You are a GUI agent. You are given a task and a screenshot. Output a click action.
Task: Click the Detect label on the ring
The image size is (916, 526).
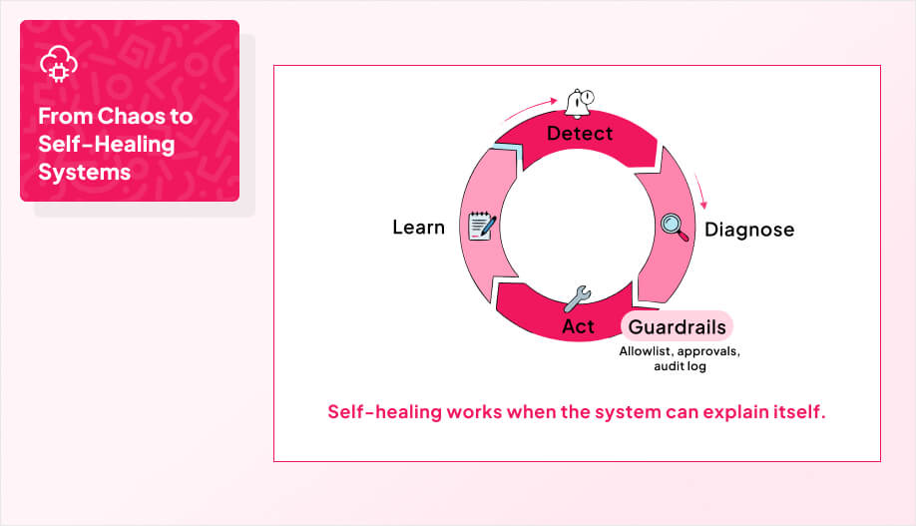coord(580,133)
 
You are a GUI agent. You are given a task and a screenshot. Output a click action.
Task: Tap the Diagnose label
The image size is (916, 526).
coord(749,230)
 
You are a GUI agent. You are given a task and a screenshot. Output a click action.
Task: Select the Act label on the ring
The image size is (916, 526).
coord(579,326)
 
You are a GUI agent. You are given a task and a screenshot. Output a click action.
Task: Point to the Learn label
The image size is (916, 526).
coord(418,228)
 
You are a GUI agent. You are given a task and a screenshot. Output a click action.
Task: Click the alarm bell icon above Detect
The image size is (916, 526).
coord(580,101)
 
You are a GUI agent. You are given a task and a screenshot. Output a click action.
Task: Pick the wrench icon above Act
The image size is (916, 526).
coord(578,298)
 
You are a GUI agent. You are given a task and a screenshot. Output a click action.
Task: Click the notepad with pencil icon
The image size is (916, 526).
coord(483,226)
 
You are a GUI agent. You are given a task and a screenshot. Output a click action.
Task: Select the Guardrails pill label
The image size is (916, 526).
coord(677,326)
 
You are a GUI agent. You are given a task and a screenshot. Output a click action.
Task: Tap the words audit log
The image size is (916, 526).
coord(680,367)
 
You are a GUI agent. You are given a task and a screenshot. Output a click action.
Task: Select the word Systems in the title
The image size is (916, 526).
coord(85,172)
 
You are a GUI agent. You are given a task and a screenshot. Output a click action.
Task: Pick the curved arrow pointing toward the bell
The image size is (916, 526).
coord(533,104)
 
